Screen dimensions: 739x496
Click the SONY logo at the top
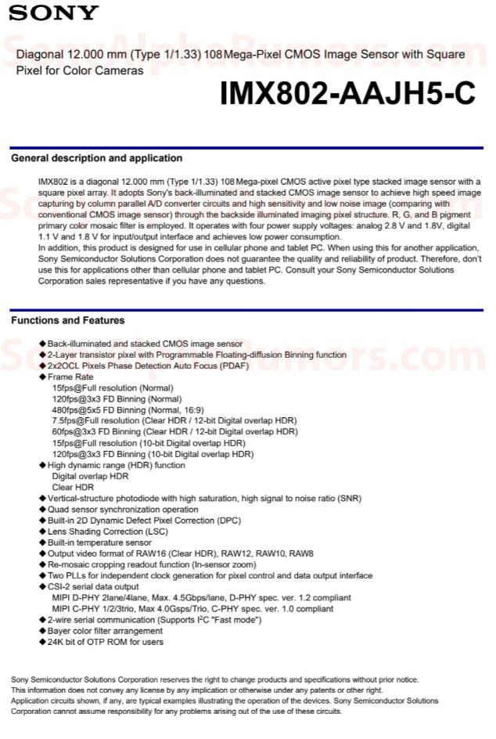click(54, 13)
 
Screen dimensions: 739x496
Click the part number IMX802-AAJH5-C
click(347, 94)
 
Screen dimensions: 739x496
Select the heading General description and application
click(86, 158)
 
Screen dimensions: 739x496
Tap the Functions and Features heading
click(67, 320)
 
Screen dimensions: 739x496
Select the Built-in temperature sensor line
click(99, 543)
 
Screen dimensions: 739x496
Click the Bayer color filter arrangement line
click(105, 631)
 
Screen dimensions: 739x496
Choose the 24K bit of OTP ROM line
click(105, 642)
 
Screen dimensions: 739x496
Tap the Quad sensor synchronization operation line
click(123, 509)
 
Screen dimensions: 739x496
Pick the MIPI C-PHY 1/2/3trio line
click(192, 608)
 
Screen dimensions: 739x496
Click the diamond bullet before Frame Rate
click(43, 377)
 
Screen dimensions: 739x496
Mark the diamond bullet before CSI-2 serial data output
click(43, 586)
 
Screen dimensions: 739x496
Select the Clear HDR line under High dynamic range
click(74, 487)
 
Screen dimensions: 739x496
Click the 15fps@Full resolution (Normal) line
click(113, 388)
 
